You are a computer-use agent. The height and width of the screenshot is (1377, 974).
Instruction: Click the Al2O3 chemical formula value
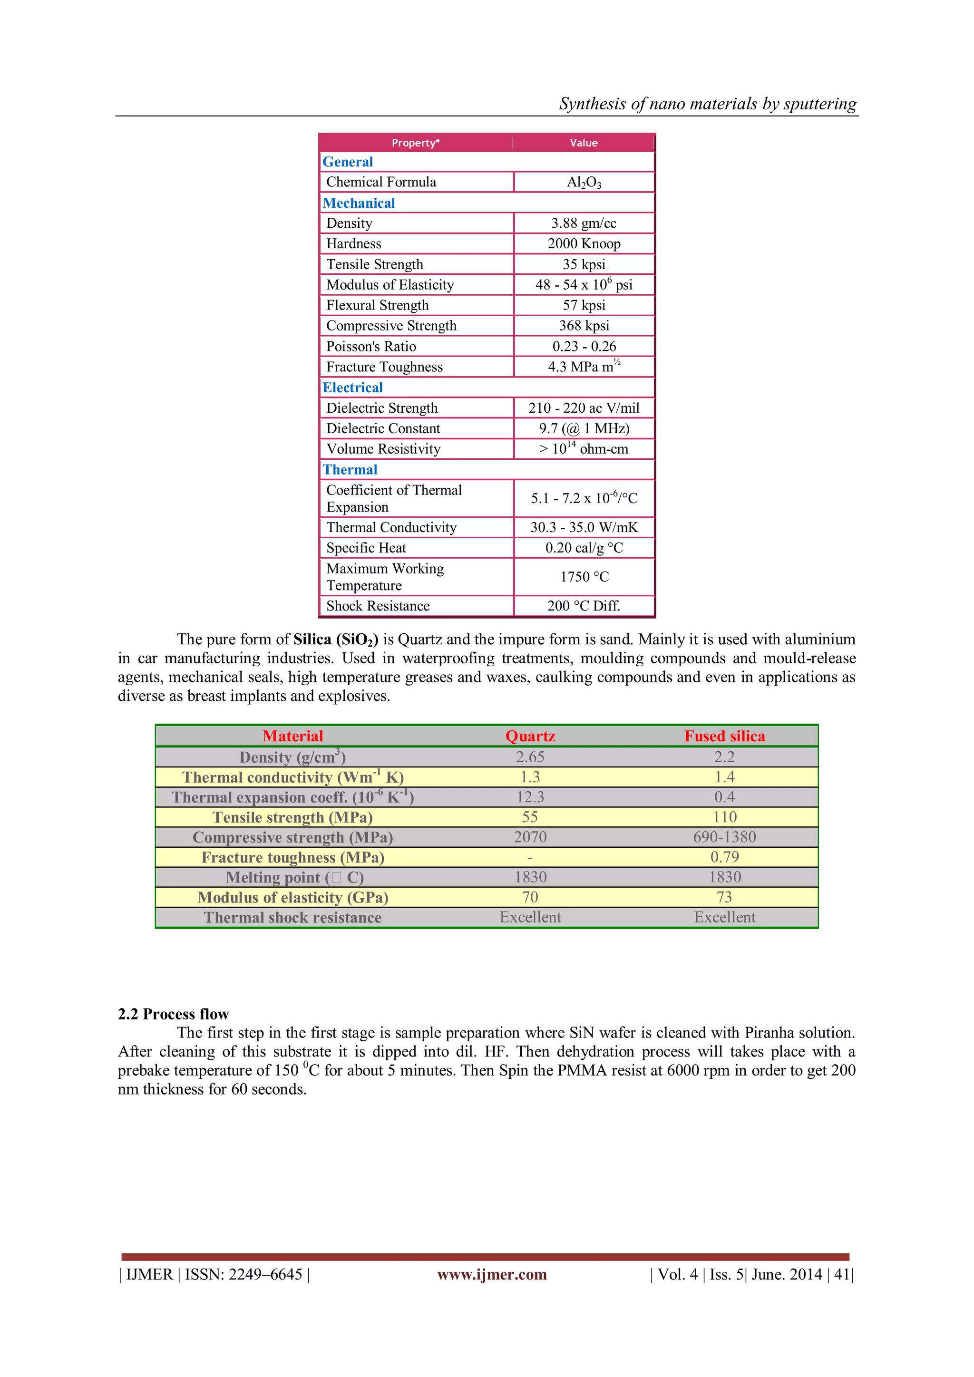click(584, 182)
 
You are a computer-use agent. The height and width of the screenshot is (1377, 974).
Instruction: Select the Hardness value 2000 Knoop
click(584, 243)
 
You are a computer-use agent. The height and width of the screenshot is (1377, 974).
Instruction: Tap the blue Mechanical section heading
click(359, 204)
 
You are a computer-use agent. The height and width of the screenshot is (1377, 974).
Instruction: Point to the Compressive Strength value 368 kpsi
click(584, 326)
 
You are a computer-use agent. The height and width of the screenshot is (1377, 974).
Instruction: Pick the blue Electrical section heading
click(353, 388)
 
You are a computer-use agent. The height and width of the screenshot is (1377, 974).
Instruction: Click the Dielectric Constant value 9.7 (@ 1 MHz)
click(584, 429)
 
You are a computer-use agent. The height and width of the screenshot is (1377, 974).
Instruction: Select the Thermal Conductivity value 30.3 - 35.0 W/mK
click(584, 528)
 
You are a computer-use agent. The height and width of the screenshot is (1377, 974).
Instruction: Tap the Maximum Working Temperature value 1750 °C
click(584, 577)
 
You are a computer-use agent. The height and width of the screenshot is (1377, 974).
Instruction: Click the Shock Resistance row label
click(378, 606)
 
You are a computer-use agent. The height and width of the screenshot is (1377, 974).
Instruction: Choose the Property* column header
click(416, 143)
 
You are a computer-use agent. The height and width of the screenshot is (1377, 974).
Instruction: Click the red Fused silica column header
click(724, 737)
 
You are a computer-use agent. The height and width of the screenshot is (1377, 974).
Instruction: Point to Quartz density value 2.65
click(530, 757)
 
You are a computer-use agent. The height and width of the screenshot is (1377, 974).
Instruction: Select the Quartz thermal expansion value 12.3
click(530, 797)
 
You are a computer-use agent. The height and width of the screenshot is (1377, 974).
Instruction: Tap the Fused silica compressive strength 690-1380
click(724, 837)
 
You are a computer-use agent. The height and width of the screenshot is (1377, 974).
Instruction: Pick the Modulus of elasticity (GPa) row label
click(292, 898)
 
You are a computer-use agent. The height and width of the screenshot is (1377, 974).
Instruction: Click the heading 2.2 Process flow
click(173, 1014)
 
